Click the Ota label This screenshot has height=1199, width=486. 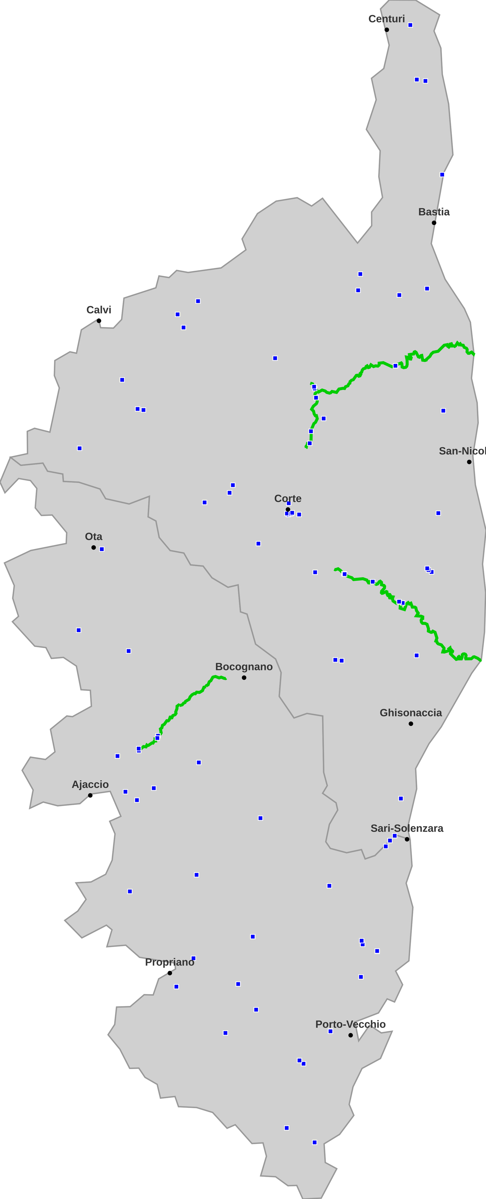[x=93, y=537]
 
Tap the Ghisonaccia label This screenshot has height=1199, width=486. [x=411, y=713]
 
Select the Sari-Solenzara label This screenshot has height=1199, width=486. [x=407, y=828]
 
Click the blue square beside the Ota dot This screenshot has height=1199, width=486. [x=102, y=549]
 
